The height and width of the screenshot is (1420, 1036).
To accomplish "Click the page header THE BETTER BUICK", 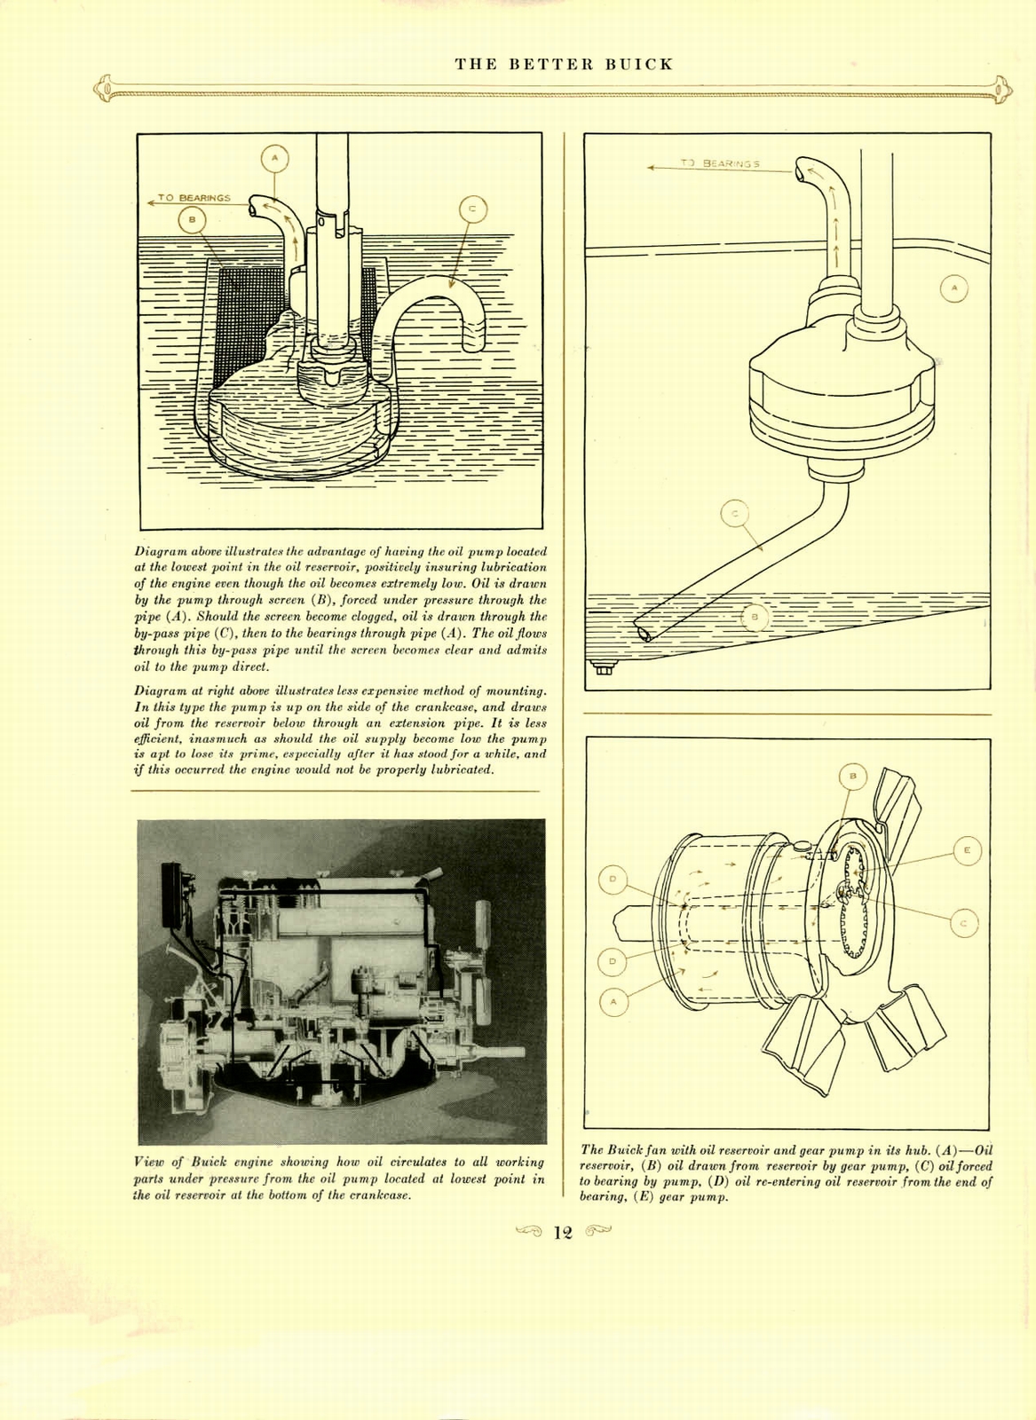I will pyautogui.click(x=564, y=65).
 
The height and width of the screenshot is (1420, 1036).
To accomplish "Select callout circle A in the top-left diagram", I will pyautogui.click(x=275, y=159).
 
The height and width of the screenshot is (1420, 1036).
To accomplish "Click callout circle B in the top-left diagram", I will pyautogui.click(x=192, y=218).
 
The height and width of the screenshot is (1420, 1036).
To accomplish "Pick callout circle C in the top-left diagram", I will pyautogui.click(x=472, y=209).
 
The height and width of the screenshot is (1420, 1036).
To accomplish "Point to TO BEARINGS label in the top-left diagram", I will pyautogui.click(x=194, y=198).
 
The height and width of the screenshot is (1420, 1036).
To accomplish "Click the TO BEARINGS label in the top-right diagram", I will pyautogui.click(x=720, y=164).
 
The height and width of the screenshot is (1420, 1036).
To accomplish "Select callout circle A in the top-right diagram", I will pyautogui.click(x=954, y=288).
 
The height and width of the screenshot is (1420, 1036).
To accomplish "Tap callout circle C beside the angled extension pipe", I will pyautogui.click(x=733, y=513).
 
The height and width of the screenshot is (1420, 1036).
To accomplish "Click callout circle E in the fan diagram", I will pyautogui.click(x=967, y=850).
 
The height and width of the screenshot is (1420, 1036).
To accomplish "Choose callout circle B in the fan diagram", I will pyautogui.click(x=852, y=777).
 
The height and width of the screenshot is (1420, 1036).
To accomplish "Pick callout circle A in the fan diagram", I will pyautogui.click(x=613, y=1002).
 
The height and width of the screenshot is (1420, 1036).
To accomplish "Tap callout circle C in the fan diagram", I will pyautogui.click(x=964, y=924).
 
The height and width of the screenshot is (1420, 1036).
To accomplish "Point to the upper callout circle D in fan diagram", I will pyautogui.click(x=612, y=880).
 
